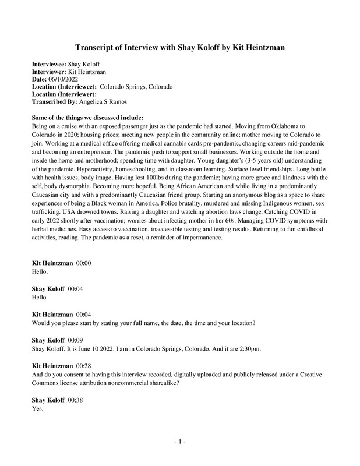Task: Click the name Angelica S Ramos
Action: (103, 101)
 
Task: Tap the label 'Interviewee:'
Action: (50, 63)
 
